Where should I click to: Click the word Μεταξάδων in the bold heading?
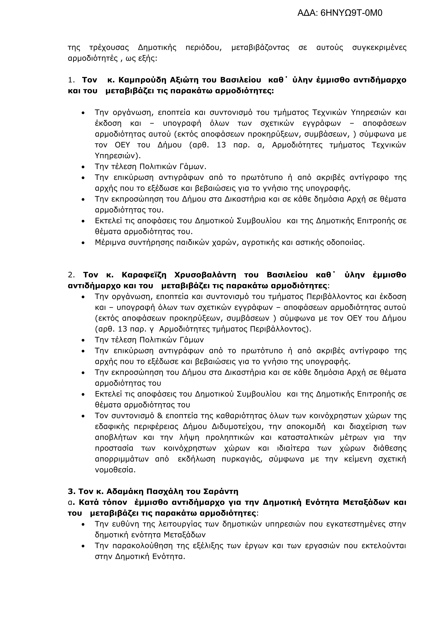coord(366,502)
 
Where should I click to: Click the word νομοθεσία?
coord(115,470)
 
